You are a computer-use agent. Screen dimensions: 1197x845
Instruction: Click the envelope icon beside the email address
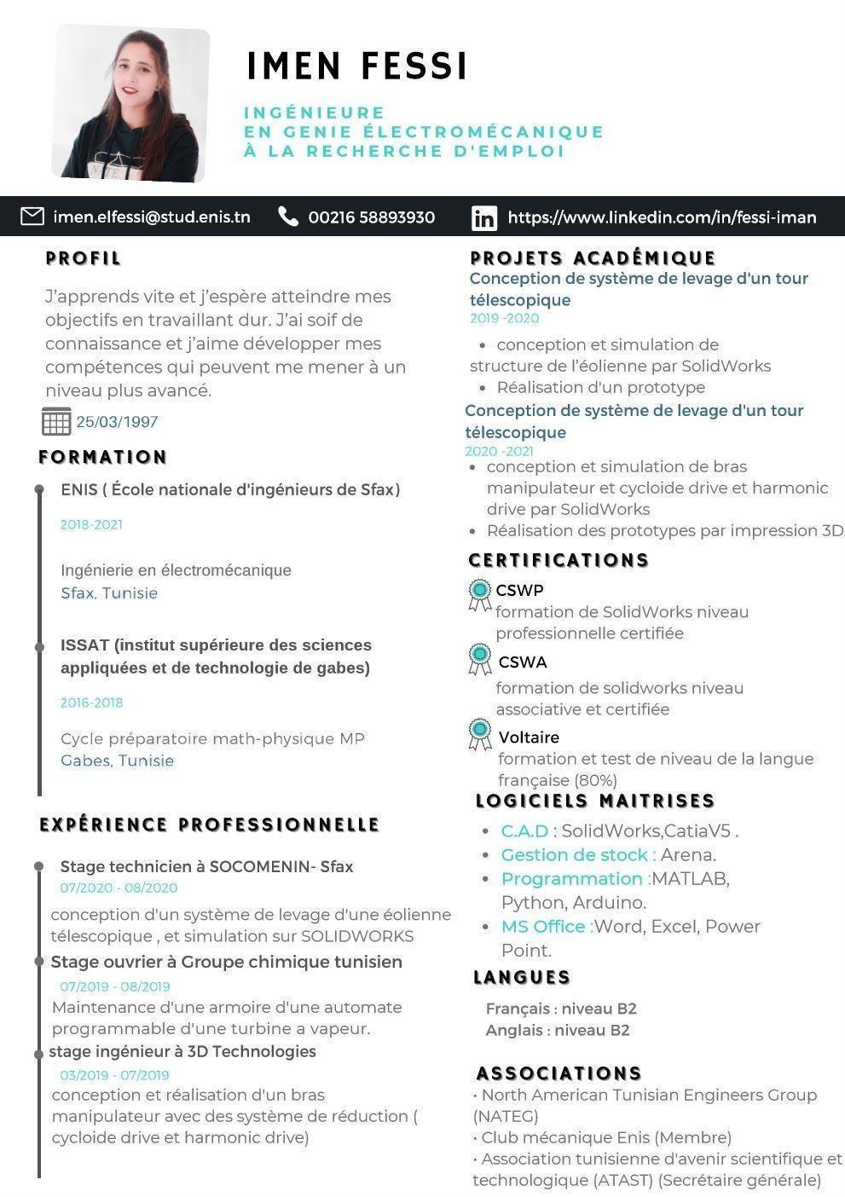pyautogui.click(x=32, y=217)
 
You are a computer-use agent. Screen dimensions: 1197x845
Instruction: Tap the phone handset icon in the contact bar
pyautogui.click(x=288, y=217)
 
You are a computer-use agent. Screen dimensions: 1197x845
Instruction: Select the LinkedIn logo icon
pyautogui.click(x=483, y=218)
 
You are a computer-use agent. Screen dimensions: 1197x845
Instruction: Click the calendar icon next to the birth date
pyautogui.click(x=56, y=421)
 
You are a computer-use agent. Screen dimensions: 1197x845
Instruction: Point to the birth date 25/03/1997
pyautogui.click(x=117, y=422)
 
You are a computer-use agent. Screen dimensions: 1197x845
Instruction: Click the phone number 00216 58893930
pyautogui.click(x=371, y=217)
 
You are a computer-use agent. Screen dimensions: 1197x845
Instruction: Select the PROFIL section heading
pyautogui.click(x=84, y=258)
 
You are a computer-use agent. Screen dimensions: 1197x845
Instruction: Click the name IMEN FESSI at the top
pyautogui.click(x=357, y=66)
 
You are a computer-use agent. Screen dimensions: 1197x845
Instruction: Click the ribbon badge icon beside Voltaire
pyautogui.click(x=480, y=733)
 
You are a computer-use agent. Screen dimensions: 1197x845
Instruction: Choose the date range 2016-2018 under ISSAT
pyautogui.click(x=91, y=703)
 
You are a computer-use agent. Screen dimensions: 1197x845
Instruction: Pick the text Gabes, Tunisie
pyautogui.click(x=117, y=760)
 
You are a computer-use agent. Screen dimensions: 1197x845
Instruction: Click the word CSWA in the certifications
pyautogui.click(x=522, y=662)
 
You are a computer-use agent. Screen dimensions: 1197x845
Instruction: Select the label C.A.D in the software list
pyautogui.click(x=525, y=831)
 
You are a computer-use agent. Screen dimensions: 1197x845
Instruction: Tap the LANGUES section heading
pyautogui.click(x=522, y=977)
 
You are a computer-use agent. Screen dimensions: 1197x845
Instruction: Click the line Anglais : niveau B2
pyautogui.click(x=558, y=1030)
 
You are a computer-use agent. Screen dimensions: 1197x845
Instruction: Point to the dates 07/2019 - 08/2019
pyautogui.click(x=114, y=986)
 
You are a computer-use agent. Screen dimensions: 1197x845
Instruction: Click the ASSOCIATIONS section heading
pyautogui.click(x=559, y=1073)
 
